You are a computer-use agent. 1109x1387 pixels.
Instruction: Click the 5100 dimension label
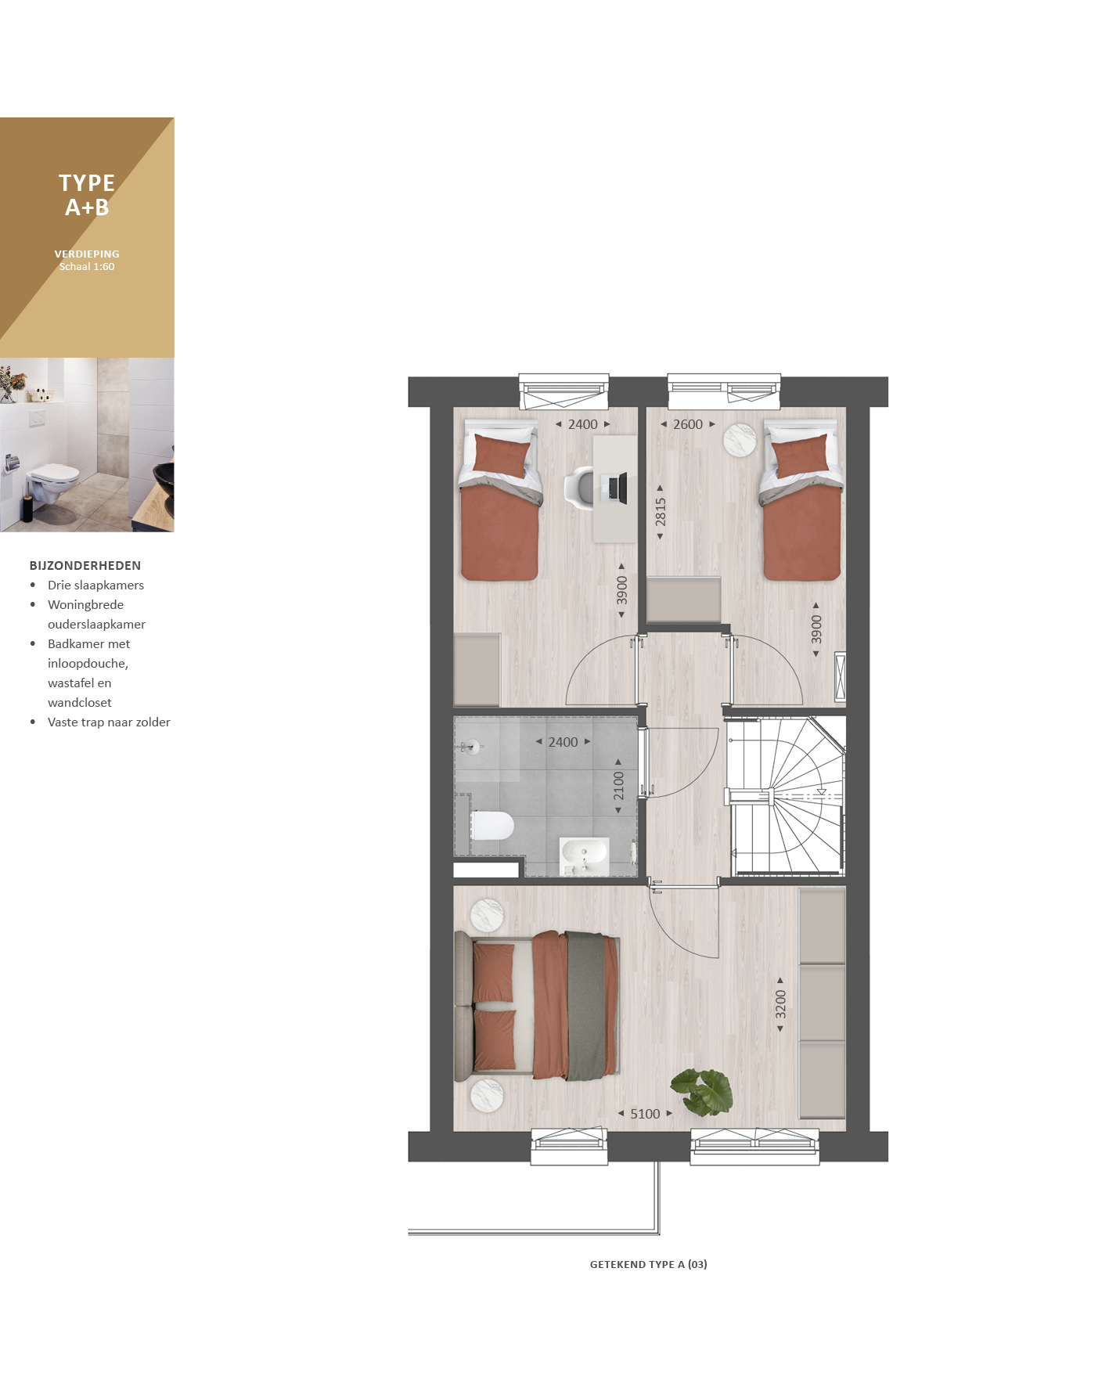pos(645,1114)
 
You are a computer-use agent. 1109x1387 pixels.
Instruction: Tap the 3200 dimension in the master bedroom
pos(780,1004)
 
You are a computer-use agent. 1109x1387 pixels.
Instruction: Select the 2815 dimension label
pos(661,512)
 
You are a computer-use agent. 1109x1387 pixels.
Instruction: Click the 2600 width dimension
pos(688,424)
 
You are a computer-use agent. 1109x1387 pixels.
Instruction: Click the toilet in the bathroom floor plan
pos(491,825)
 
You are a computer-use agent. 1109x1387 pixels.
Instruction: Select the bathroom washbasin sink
pos(584,856)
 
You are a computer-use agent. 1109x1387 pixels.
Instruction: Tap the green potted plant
pos(702,1091)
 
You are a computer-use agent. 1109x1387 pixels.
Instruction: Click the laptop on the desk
pos(618,488)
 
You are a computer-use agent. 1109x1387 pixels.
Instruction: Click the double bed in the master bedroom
pos(537,1006)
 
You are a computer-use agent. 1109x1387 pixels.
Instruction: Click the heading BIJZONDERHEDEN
pos(85,565)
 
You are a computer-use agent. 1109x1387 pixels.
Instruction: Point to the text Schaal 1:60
pos(87,267)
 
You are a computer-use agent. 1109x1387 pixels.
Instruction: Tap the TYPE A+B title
pos(87,195)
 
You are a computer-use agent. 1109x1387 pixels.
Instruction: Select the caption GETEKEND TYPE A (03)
pos(649,1264)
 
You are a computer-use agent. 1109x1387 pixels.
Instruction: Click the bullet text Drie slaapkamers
pos(95,585)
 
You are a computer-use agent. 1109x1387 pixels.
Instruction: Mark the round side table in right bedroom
pos(739,440)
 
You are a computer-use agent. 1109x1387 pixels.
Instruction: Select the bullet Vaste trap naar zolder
pos(109,722)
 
